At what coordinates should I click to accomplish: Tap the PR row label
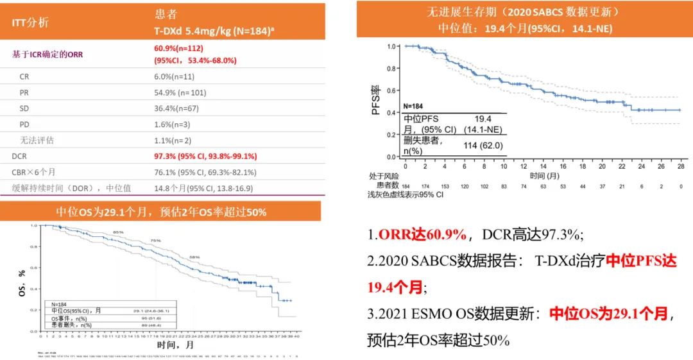[24, 92]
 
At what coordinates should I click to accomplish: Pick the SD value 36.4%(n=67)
[176, 108]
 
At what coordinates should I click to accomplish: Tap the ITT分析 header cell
[30, 22]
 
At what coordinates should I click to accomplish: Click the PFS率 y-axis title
[376, 100]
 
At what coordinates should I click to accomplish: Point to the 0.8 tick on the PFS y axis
[392, 68]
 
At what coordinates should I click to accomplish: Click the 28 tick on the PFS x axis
[680, 166]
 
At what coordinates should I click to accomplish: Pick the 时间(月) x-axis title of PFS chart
[545, 175]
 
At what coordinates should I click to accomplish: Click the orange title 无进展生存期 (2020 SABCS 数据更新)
[524, 12]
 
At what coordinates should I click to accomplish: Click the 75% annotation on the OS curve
[156, 239]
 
